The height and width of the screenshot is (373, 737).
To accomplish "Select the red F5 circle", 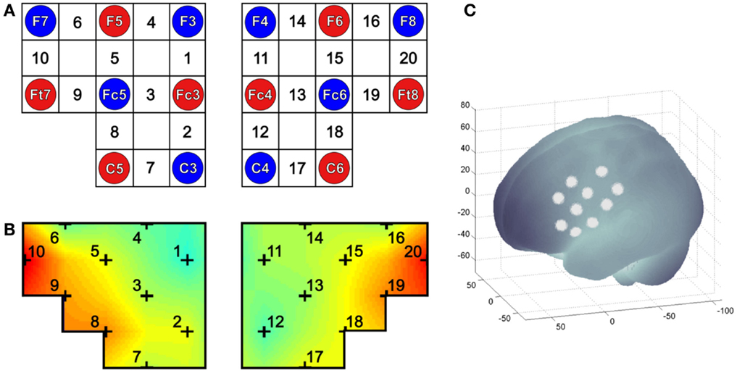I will tap(114, 21).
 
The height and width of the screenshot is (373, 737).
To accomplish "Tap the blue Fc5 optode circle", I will tap(114, 93).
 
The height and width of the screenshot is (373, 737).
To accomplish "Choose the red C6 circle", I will tap(336, 167).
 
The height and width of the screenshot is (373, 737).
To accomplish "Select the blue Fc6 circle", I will tap(336, 93).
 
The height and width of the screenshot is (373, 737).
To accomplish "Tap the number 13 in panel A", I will tap(298, 93).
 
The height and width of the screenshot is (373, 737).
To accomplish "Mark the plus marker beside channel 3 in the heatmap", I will tap(147, 296).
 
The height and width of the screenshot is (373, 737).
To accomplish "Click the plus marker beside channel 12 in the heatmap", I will tap(264, 332).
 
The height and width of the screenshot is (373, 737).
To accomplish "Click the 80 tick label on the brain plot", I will tap(467, 106).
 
